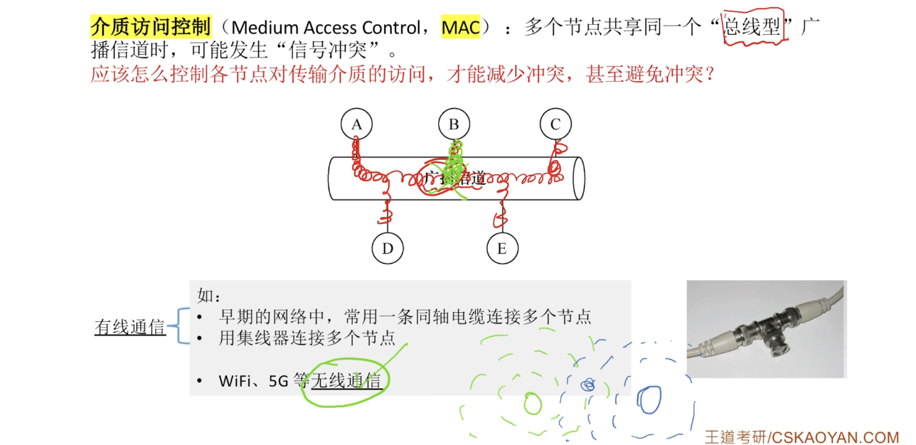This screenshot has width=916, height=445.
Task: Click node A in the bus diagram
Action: tap(357, 124)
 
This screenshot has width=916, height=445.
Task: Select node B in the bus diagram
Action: tap(454, 124)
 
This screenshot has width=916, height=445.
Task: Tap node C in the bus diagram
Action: tap(555, 124)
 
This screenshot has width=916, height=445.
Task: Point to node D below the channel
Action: tap(388, 248)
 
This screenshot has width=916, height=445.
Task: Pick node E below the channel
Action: tap(502, 248)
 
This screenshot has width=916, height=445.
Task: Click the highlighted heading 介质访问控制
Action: tap(151, 27)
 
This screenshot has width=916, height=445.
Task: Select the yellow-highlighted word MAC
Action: tap(460, 28)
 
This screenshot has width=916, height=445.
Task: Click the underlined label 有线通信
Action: tap(130, 327)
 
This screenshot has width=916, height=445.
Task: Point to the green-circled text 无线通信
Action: tap(346, 381)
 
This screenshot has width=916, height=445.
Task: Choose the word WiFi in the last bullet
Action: tap(238, 381)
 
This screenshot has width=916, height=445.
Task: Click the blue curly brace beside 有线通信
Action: tap(183, 326)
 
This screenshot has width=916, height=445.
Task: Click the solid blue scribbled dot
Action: tap(587, 385)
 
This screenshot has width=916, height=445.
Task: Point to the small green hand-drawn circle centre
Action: tap(532, 404)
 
